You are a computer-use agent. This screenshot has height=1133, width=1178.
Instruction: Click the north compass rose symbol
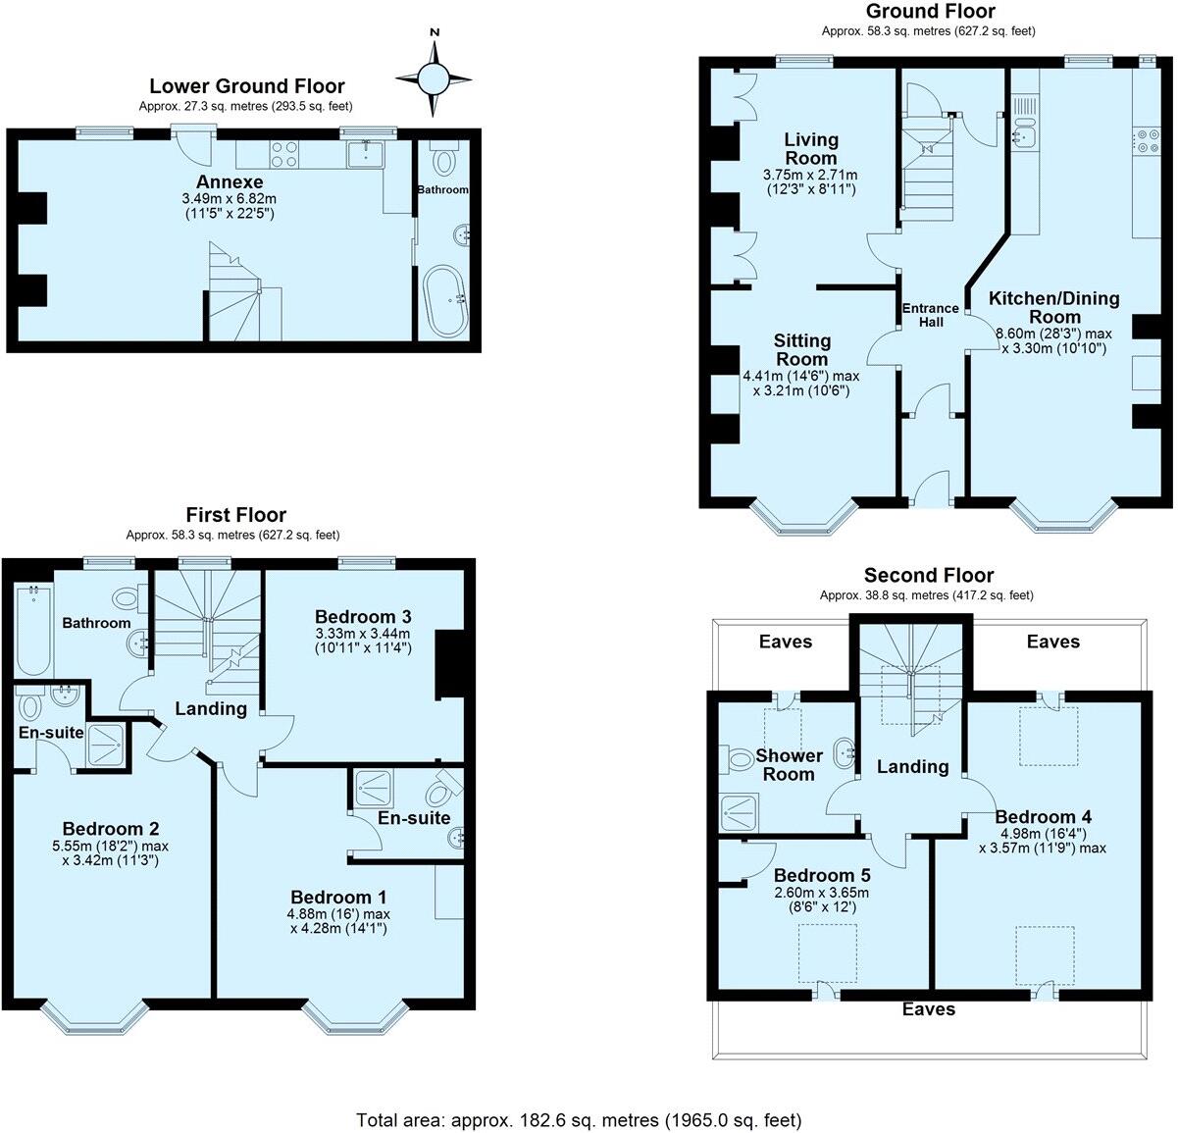pos(433,77)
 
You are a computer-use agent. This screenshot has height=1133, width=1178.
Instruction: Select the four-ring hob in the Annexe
pos(284,155)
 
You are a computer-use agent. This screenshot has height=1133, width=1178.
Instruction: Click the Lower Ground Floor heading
pos(246,86)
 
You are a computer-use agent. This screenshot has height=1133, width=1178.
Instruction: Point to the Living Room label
pos(810,148)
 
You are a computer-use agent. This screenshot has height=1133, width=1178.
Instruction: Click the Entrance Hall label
pos(930,315)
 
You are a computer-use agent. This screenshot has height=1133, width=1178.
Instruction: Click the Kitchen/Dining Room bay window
pos(1064,518)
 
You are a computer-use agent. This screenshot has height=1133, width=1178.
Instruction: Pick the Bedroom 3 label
pos(362,616)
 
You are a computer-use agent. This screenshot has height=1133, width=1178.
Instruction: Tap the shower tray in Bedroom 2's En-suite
pos(105,745)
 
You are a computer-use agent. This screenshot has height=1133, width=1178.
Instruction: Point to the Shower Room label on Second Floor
pos(789,765)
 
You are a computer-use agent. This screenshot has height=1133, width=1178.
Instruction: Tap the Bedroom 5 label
pos(821,875)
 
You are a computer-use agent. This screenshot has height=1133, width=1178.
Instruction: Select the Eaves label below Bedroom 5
pos(928,1008)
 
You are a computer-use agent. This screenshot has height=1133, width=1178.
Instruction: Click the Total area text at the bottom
pos(579,1119)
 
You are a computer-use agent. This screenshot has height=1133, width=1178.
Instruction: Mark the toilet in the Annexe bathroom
pos(444,159)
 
